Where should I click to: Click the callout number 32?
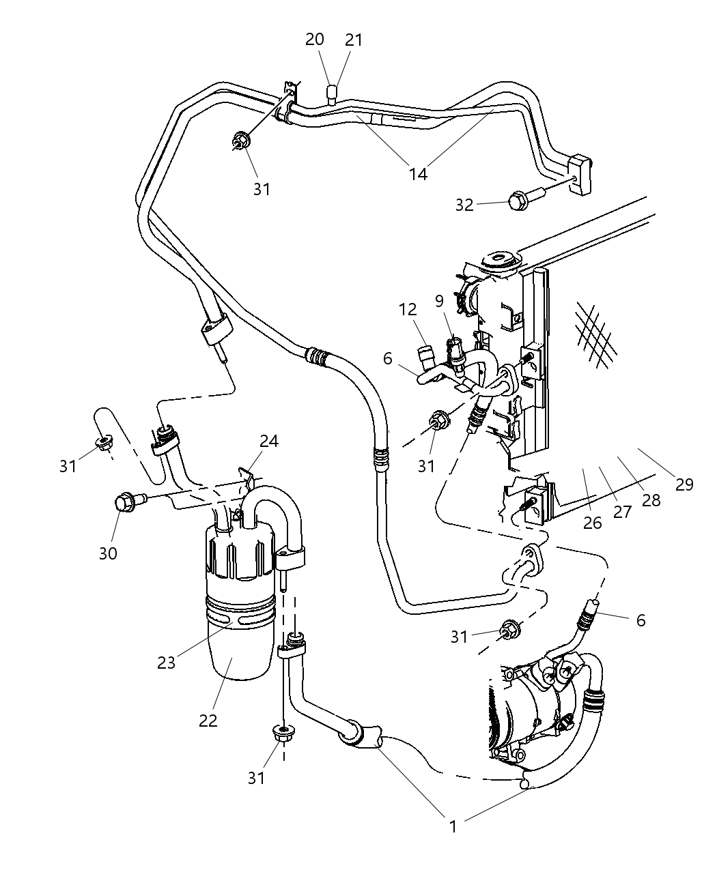tap(464, 205)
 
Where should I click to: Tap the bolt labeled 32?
tap(519, 201)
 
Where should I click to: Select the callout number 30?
tap(108, 553)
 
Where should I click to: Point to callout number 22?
tap(208, 720)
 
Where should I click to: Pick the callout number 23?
tap(167, 662)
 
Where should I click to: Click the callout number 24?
tap(269, 441)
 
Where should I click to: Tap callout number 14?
tap(418, 174)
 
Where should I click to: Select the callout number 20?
tap(314, 40)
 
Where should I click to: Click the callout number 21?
tap(354, 40)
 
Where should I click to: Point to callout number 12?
tap(408, 309)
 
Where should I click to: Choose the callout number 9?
tap(438, 300)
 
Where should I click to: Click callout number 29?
tap(684, 484)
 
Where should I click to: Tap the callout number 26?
tap(593, 523)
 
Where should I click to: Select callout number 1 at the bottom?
tap(452, 826)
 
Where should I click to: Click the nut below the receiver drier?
tap(282, 734)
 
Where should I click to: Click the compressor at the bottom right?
tap(536, 703)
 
